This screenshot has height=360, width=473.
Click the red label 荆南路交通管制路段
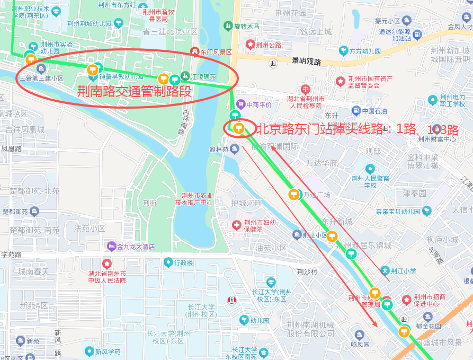pyautogui.click(x=133, y=91)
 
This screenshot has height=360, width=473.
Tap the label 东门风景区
pyautogui.click(x=216, y=52)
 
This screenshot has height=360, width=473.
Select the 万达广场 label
pyautogui.click(x=316, y=195)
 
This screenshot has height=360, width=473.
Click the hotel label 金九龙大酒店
pyautogui.click(x=136, y=247)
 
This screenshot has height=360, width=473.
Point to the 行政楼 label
pyautogui.click(x=184, y=262)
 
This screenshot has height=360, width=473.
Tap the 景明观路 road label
pyautogui.click(x=306, y=62)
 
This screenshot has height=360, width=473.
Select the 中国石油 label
pyautogui.click(x=374, y=111)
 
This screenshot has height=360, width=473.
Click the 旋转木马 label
pyautogui.click(x=247, y=26)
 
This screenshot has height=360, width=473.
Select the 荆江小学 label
pyautogui.click(x=404, y=270)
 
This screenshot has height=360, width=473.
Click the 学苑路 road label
pyautogui.click(x=11, y=254)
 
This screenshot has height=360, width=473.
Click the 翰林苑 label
pyautogui.click(x=218, y=150)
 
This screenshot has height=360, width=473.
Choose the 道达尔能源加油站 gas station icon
pyautogui.click(x=416, y=35)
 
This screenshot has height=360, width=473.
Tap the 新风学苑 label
pyautogui.click(x=108, y=352)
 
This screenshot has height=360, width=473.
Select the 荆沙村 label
pyautogui.click(x=307, y=271)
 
